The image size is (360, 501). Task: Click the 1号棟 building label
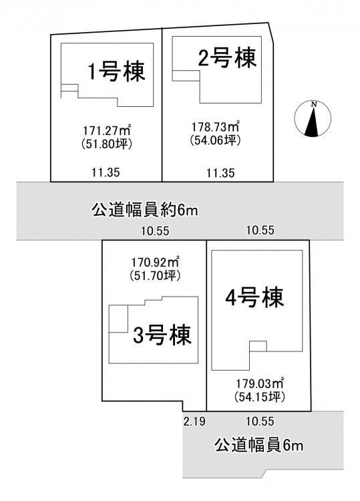coord(117,71)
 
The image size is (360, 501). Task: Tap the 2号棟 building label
coord(228,58)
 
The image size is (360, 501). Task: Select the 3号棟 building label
coord(162,335)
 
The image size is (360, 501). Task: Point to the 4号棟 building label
coord(254,298)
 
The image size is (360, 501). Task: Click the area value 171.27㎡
coord(108,130)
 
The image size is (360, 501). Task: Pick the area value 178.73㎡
coord(216,126)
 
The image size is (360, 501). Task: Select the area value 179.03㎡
coord(260,383)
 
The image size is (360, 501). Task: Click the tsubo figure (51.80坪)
coord(108,144)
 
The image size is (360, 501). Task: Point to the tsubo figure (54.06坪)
coord(216,140)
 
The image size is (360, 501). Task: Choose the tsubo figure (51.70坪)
coord(155,275)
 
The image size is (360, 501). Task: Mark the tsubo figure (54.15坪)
coord(260,397)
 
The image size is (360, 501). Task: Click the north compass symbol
coord(313,119)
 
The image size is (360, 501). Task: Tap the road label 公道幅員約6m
coord(145,210)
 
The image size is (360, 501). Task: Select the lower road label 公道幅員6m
coord(258,445)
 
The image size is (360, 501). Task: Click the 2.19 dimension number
coord(194,422)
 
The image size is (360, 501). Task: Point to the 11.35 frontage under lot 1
coord(106,172)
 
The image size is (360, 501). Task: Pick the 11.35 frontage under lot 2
coord(220,173)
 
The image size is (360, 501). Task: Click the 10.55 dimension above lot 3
coord(156,230)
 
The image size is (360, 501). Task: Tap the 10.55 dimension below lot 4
coord(260,421)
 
